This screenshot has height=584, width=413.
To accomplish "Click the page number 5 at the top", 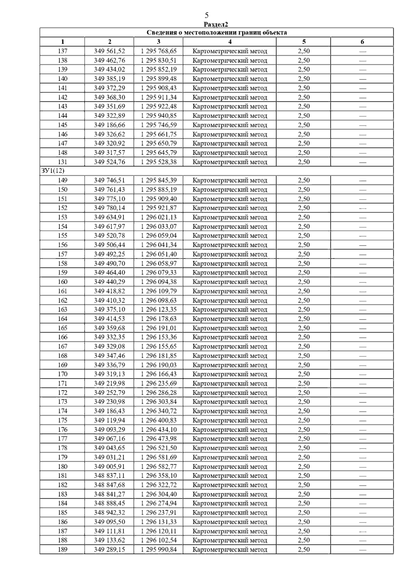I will pos(206,15).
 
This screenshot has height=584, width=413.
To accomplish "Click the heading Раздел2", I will pos(216,24).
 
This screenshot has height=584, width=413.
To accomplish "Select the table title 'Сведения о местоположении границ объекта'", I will pos(216,33).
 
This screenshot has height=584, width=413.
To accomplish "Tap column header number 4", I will pos(230,42).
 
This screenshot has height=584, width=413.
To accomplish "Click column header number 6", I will pos(362,42).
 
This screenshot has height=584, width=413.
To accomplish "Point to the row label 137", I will pos(63,51).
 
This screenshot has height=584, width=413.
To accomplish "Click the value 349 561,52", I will pos(109,51).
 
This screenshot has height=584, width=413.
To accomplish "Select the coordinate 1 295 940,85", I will pos(159,116).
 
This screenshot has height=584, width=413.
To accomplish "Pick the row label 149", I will pos(63,180).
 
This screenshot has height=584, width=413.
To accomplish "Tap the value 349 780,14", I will pos(109,208).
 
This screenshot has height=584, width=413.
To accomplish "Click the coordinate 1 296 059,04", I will pos(159,236).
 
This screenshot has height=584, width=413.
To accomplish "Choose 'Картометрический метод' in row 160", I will pos(230,282).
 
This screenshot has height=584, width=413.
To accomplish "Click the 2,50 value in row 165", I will pos(304,328).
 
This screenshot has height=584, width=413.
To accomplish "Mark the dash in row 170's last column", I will pos(362,374).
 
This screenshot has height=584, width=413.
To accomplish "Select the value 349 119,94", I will pos(109,420).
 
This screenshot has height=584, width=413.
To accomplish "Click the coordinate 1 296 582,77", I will pos(159,466).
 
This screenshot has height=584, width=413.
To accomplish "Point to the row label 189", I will pos(63,550).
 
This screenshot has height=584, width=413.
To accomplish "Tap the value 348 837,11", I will pos(109,476).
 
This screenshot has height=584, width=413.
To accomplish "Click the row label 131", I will pos(63,162).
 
